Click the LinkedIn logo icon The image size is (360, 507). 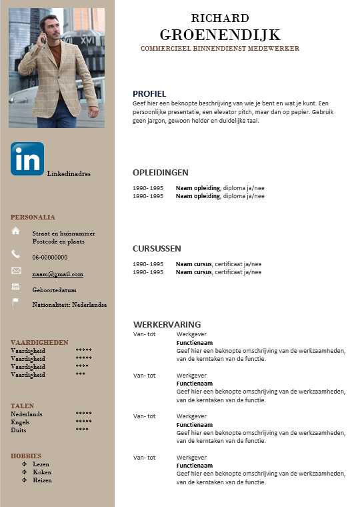pyautogui.click(x=27, y=159)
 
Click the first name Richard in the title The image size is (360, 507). pyautogui.click(x=220, y=18)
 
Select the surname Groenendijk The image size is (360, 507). pyautogui.click(x=220, y=35)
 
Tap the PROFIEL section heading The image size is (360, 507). pyautogui.click(x=149, y=93)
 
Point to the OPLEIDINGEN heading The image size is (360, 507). pyautogui.click(x=161, y=172)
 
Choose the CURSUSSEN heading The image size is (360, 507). pyautogui.click(x=157, y=248)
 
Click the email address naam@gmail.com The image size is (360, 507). pyautogui.click(x=57, y=274)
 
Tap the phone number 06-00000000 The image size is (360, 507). pyautogui.click(x=49, y=257)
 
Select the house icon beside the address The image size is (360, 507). pyautogui.click(x=16, y=231)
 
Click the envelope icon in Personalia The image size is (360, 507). pyautogui.click(x=16, y=270)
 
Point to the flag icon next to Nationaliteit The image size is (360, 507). pyautogui.click(x=16, y=302)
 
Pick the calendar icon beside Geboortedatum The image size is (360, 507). pyautogui.click(x=16, y=286)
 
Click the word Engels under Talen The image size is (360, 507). pyautogui.click(x=20, y=422)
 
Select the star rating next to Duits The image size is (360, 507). pyautogui.click(x=82, y=430)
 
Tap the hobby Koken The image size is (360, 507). pyautogui.click(x=42, y=472)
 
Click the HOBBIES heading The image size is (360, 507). pyautogui.click(x=26, y=456)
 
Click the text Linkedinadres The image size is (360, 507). pyautogui.click(x=69, y=173)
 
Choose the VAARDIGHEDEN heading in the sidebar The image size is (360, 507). pyautogui.click(x=39, y=342)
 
